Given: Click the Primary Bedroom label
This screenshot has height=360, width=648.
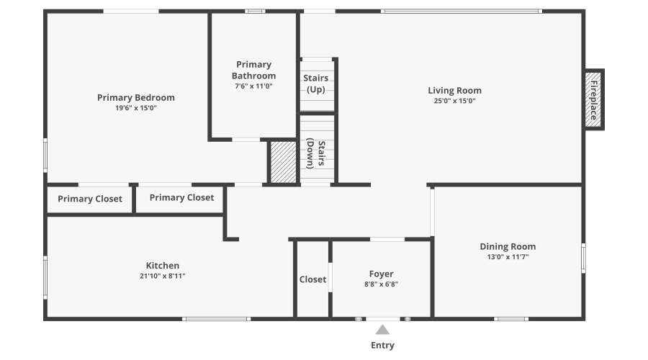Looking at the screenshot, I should tap(136, 98).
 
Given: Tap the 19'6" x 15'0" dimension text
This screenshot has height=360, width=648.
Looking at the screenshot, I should tap(136, 108).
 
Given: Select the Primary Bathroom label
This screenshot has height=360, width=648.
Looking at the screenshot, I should tap(253, 70).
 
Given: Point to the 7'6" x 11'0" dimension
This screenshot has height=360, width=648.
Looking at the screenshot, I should tap(253, 86).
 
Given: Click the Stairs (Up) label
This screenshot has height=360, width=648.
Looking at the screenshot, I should tap(316, 84).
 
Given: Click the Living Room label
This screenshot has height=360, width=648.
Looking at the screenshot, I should tap(454, 91).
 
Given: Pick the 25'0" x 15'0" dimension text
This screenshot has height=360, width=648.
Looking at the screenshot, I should tap(454, 101).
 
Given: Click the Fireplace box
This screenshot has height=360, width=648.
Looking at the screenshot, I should tap(594, 99).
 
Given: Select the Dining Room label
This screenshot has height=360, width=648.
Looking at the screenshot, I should tap(508, 247).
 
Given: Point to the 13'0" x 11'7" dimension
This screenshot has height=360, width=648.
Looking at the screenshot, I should tap(508, 257).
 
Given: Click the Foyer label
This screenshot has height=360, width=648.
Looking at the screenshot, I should tap(381, 274).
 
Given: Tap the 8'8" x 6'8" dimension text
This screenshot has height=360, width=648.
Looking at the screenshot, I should tap(381, 284).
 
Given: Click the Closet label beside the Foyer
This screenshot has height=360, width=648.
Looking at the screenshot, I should tap(312, 279).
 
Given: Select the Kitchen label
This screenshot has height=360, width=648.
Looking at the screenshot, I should tap(163, 266).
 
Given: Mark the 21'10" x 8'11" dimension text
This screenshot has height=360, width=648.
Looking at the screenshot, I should tap(163, 276).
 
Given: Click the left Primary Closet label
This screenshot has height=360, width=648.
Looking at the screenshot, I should tap(90, 199).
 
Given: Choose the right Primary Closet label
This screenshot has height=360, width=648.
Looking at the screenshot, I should tap(181, 198).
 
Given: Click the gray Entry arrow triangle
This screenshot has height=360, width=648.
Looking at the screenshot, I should tap(382, 330).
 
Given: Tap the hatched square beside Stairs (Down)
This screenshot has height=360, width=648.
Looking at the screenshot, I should tap(283, 163).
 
